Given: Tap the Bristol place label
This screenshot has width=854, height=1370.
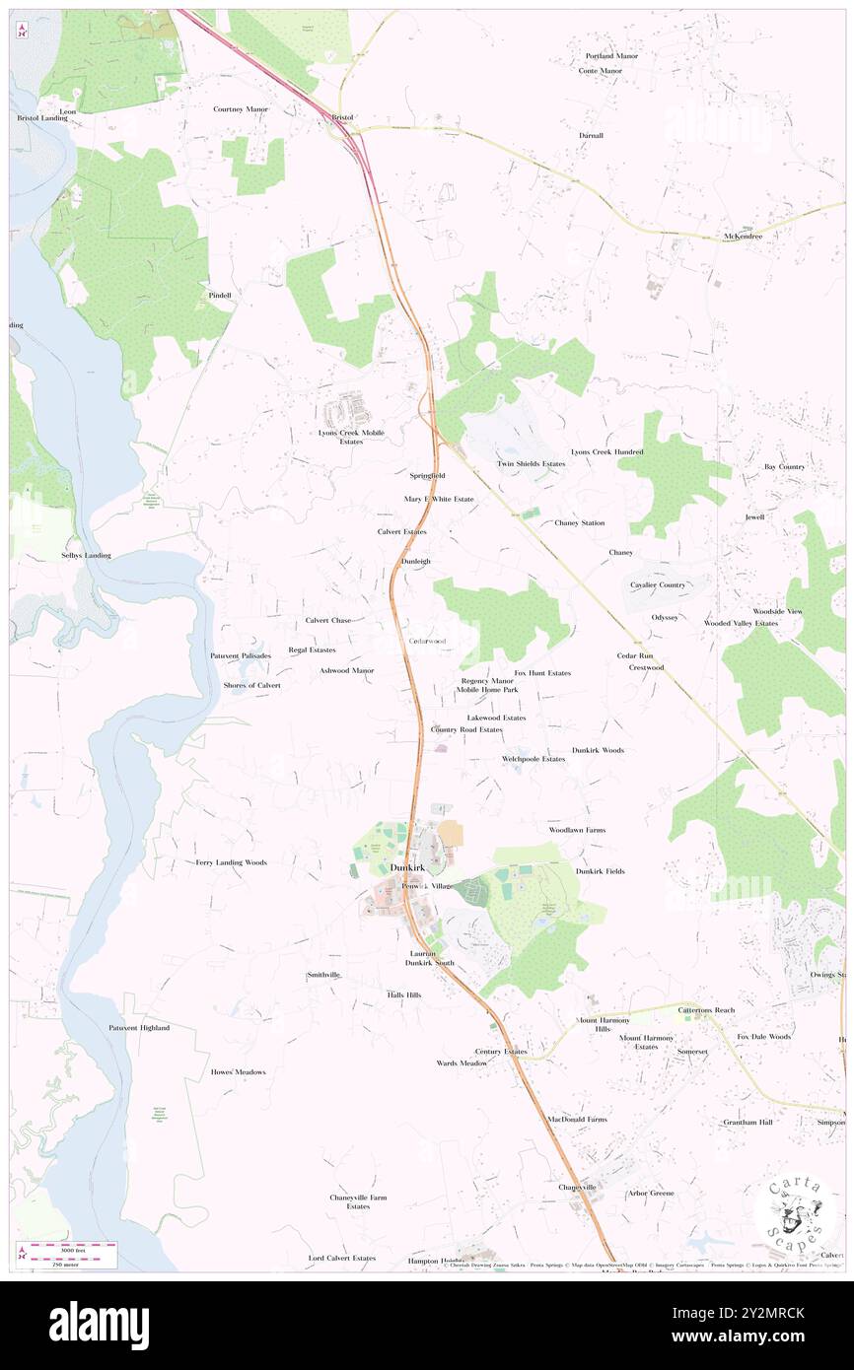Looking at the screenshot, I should tap(342, 117).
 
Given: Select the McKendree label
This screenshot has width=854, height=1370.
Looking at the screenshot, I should tap(745, 238).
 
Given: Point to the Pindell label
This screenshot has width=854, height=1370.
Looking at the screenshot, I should tap(219, 295).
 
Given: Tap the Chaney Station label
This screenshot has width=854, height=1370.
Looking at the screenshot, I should tap(579, 522).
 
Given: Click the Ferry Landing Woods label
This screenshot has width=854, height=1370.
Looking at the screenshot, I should tap(231, 862).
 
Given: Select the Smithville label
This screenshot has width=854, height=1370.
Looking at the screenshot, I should tap(323, 974).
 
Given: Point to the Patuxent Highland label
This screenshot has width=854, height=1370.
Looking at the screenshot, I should tap(139, 1027).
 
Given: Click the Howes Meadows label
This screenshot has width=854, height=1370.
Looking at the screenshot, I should tap(238, 1071).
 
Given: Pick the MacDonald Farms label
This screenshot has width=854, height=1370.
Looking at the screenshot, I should tap(578, 1119).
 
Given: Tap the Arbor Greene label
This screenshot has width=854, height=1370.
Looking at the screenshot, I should tap(651, 1193).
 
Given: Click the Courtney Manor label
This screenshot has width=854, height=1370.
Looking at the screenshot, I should tap(241, 108).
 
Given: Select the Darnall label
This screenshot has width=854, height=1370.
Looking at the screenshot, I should tap(592, 135).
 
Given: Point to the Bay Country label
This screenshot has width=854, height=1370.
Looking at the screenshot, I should tap(785, 466).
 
